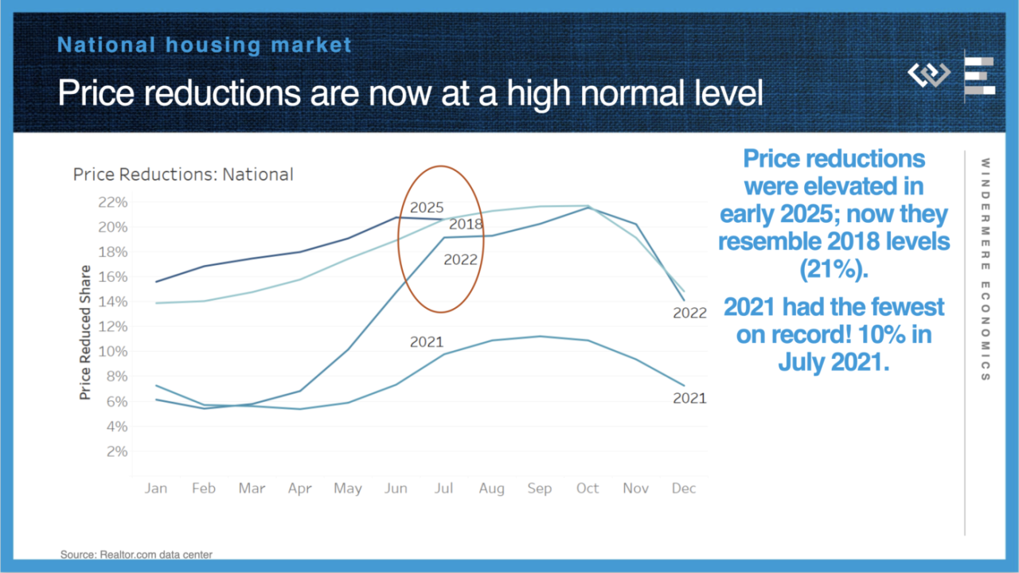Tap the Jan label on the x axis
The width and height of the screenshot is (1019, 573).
(x=156, y=488)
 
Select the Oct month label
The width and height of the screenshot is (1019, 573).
(x=588, y=488)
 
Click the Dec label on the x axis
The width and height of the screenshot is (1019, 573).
(x=684, y=488)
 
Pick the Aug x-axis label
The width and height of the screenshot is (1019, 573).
(x=491, y=488)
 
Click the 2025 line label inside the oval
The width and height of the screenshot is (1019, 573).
(x=427, y=208)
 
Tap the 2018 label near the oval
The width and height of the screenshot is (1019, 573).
(x=466, y=224)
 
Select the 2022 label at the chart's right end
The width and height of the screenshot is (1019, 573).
(x=689, y=313)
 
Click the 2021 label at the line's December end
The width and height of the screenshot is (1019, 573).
(x=689, y=398)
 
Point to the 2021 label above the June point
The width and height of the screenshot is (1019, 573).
(x=427, y=342)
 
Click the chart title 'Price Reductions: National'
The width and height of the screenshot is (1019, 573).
(x=183, y=174)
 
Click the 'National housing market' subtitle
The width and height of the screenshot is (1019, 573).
(x=205, y=45)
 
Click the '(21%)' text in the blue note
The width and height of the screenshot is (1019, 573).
(x=834, y=270)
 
